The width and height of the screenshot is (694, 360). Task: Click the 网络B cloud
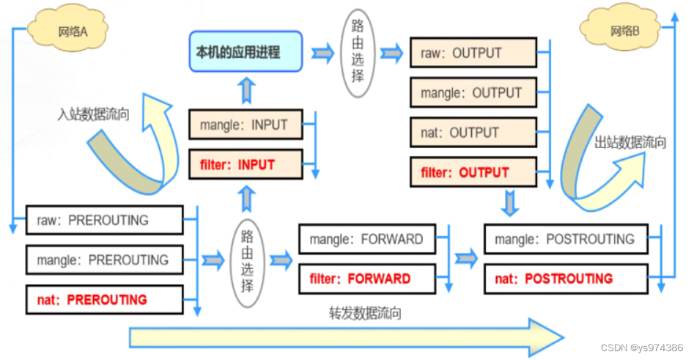click(x=624, y=32)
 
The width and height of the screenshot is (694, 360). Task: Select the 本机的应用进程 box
click(x=246, y=51)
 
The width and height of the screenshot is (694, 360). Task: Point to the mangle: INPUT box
click(x=246, y=125)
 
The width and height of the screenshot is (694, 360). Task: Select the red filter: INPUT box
click(x=246, y=165)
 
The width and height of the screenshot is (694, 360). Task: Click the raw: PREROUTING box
click(x=103, y=220)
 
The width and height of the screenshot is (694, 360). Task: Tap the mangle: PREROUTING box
click(x=103, y=260)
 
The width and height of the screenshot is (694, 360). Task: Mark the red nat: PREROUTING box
click(x=103, y=299)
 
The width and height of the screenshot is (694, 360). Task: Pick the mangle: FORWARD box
click(x=365, y=239)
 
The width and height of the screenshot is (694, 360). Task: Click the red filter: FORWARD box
click(x=365, y=279)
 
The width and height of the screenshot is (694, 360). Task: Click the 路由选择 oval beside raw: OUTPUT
click(x=358, y=52)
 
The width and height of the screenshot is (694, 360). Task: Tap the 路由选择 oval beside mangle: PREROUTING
click(x=248, y=260)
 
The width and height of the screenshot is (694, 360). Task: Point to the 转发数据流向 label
click(x=365, y=313)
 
